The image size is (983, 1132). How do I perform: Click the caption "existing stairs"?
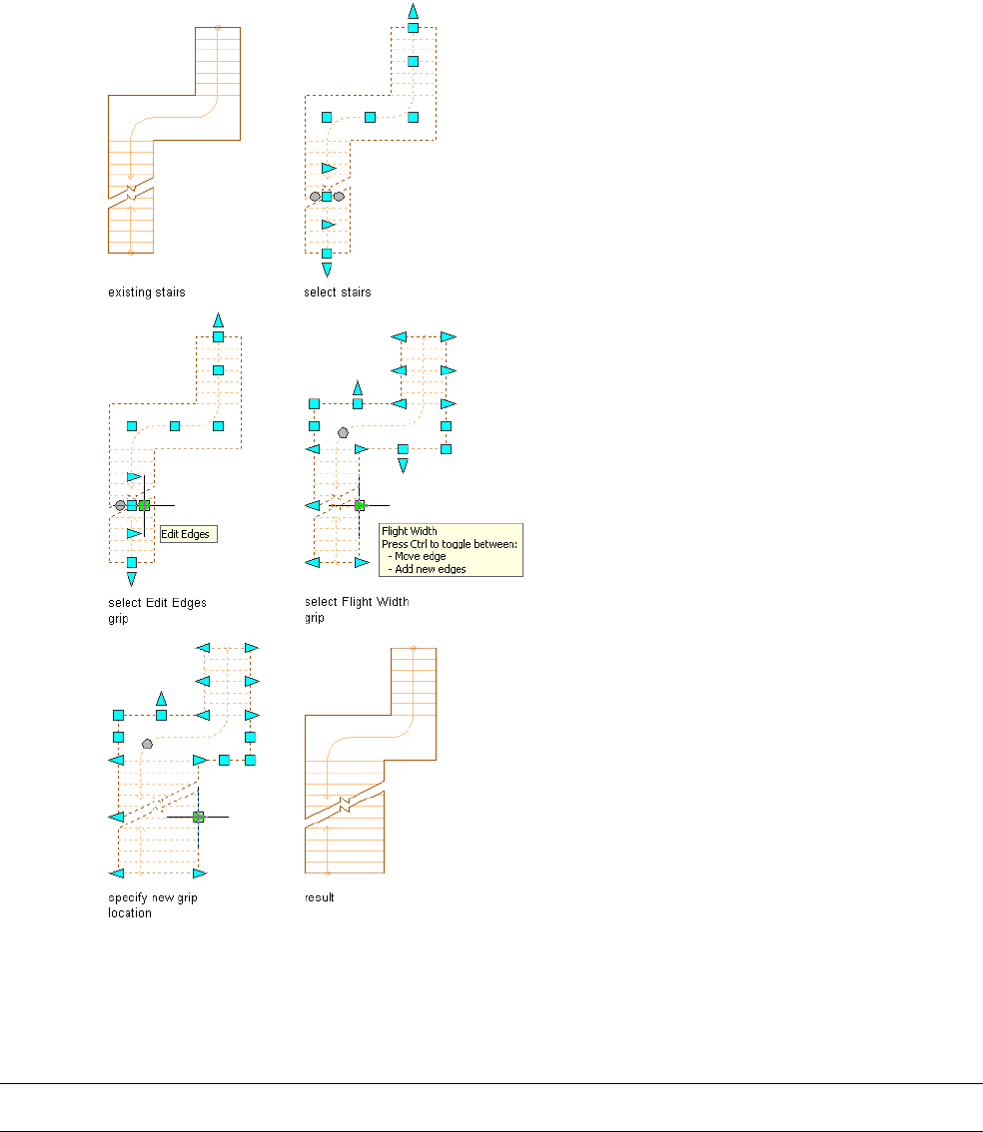tap(146, 292)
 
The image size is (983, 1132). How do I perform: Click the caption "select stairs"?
tap(337, 292)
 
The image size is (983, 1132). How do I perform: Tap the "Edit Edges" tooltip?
tap(188, 534)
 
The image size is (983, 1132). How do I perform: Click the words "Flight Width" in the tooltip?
tap(409, 531)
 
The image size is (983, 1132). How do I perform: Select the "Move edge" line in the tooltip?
tap(420, 556)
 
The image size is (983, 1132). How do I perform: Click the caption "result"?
tap(319, 897)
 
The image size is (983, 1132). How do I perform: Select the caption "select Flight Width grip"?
tap(356, 609)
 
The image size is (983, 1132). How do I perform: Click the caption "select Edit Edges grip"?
tap(157, 610)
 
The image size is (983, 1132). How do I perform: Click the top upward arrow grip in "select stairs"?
tap(413, 10)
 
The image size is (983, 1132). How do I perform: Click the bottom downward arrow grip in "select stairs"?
tap(327, 270)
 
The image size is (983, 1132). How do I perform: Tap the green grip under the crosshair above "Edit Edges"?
tap(144, 505)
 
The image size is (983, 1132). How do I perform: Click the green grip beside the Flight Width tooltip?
tap(360, 506)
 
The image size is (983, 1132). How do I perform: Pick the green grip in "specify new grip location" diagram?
tap(198, 817)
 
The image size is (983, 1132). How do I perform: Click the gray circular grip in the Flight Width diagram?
tap(344, 433)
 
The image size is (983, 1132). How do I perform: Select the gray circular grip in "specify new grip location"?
tap(148, 744)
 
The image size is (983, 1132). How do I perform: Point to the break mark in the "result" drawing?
tap(344, 803)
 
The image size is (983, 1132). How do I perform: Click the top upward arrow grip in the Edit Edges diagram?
tap(218, 319)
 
